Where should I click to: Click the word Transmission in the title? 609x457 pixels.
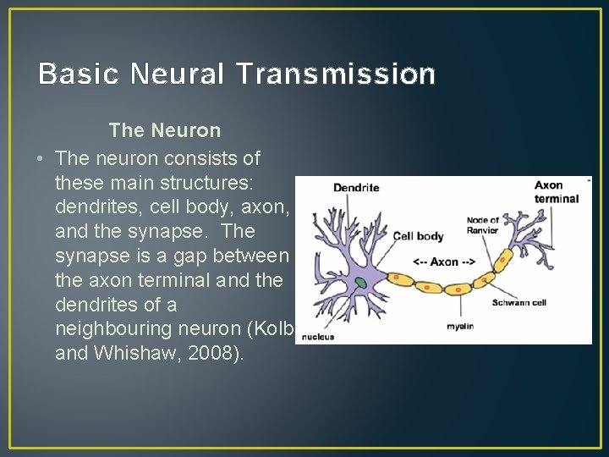[x=336, y=74]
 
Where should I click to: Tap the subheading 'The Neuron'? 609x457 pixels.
[x=165, y=131]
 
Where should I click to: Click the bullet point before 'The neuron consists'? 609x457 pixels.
[x=40, y=159]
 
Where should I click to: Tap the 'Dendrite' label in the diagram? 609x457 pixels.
[x=356, y=187]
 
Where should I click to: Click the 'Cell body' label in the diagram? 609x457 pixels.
[x=418, y=236]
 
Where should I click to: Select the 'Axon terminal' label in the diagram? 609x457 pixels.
[x=557, y=192]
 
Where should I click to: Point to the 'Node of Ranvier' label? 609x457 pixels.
[x=483, y=226]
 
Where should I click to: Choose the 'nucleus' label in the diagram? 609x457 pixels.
[x=315, y=336]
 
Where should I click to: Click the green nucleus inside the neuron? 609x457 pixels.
[x=360, y=283]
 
